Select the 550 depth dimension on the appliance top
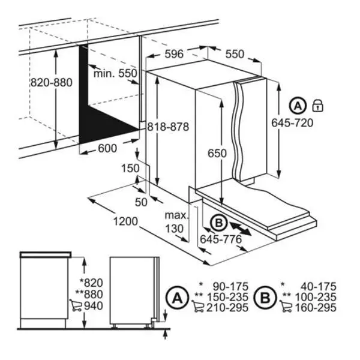(235, 54)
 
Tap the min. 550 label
(115, 74)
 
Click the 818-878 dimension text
(169, 127)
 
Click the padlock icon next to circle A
(317, 106)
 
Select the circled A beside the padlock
(298, 106)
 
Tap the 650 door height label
(217, 153)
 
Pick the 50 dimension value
(141, 202)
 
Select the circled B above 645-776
(218, 223)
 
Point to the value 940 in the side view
(86, 306)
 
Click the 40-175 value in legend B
(317, 287)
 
